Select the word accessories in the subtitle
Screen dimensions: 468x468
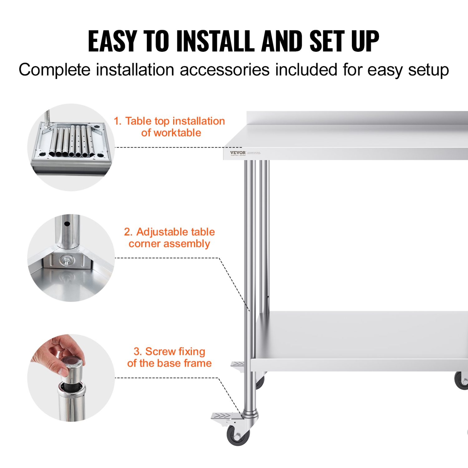(x=225, y=70)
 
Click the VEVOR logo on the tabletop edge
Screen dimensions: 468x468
(x=238, y=153)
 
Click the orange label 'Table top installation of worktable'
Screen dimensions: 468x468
(x=169, y=127)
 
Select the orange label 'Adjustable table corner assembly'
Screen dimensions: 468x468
(x=169, y=238)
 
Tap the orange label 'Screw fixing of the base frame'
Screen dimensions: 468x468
(x=169, y=357)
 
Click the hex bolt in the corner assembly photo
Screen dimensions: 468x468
(x=66, y=260)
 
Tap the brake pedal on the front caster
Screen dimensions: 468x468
(x=222, y=416)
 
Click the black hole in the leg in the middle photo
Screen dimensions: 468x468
(x=67, y=224)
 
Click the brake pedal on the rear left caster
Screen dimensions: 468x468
(x=238, y=364)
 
